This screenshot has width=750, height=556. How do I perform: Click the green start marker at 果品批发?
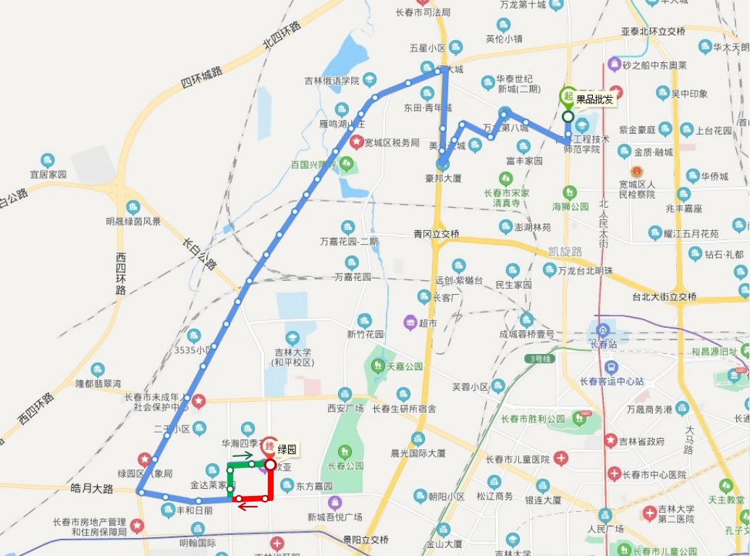pos(568,97)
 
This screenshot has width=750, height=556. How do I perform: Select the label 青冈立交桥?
pos(437,234)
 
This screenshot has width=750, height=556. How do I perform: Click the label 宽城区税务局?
pos(392,143)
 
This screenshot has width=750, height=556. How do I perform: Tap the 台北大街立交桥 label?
pos(664,297)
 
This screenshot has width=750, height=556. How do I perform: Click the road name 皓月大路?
pos(93,489)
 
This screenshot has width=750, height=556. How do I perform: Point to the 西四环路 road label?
pos(120,273)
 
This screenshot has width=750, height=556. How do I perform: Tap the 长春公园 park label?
pos(345,466)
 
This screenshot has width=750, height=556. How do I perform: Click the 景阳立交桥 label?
pos(366,540)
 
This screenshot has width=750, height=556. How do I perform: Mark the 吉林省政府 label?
pos(641,441)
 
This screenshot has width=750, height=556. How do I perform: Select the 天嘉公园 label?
pos(404,366)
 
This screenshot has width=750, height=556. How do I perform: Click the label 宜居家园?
pos(48,174)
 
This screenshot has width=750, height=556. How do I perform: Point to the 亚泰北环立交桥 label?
pos(653,32)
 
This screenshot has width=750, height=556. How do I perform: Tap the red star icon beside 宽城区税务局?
pos(356,143)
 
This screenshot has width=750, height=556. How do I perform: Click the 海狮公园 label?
pos(571,206)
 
